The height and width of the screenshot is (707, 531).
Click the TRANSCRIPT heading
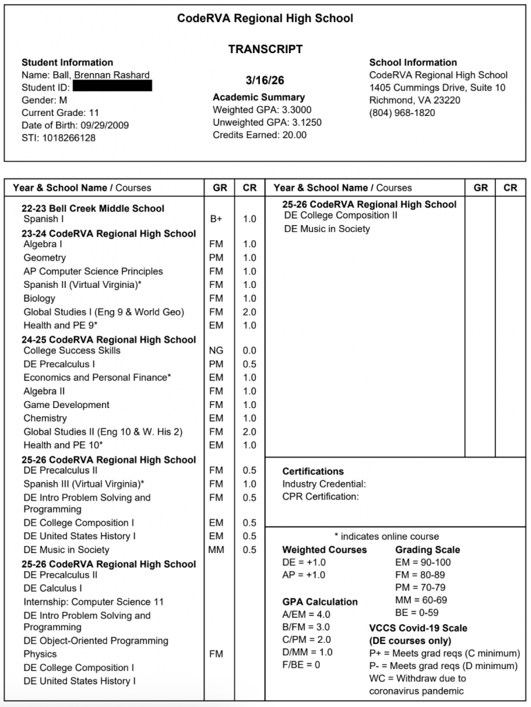(x=265, y=50)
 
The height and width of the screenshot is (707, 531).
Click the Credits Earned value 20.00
(x=292, y=135)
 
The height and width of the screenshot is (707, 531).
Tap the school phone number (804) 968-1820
(x=402, y=113)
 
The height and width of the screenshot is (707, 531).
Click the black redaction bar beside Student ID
(x=112, y=87)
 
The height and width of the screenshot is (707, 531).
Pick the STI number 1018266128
(x=68, y=137)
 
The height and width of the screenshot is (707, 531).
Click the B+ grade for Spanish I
(x=216, y=219)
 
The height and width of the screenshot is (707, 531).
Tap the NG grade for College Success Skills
(x=216, y=351)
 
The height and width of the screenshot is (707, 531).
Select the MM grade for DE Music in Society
(x=216, y=550)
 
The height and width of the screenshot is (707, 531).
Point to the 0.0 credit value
(x=249, y=351)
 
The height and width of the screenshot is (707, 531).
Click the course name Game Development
(x=66, y=405)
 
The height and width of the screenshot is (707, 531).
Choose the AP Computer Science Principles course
(x=93, y=271)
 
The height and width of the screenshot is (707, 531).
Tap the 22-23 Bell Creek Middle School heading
(x=93, y=208)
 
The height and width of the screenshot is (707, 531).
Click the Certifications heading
(x=312, y=472)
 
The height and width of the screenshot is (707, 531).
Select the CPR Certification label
(x=320, y=496)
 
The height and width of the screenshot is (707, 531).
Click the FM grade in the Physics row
(x=216, y=654)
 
